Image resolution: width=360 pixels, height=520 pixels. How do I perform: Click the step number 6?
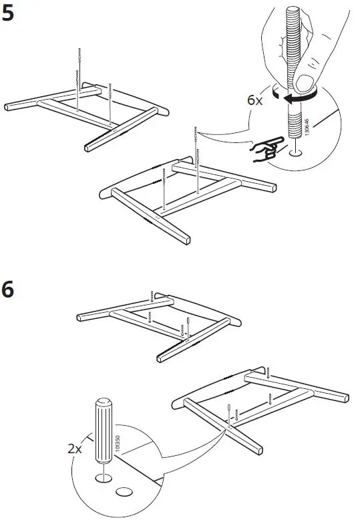(11, 292)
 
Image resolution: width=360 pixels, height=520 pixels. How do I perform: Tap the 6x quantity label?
(254, 100)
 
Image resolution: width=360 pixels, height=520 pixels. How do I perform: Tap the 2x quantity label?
(75, 448)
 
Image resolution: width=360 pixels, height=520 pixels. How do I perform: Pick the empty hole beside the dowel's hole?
(124, 492)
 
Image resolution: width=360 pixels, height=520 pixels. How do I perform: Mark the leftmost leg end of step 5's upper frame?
(9, 106)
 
